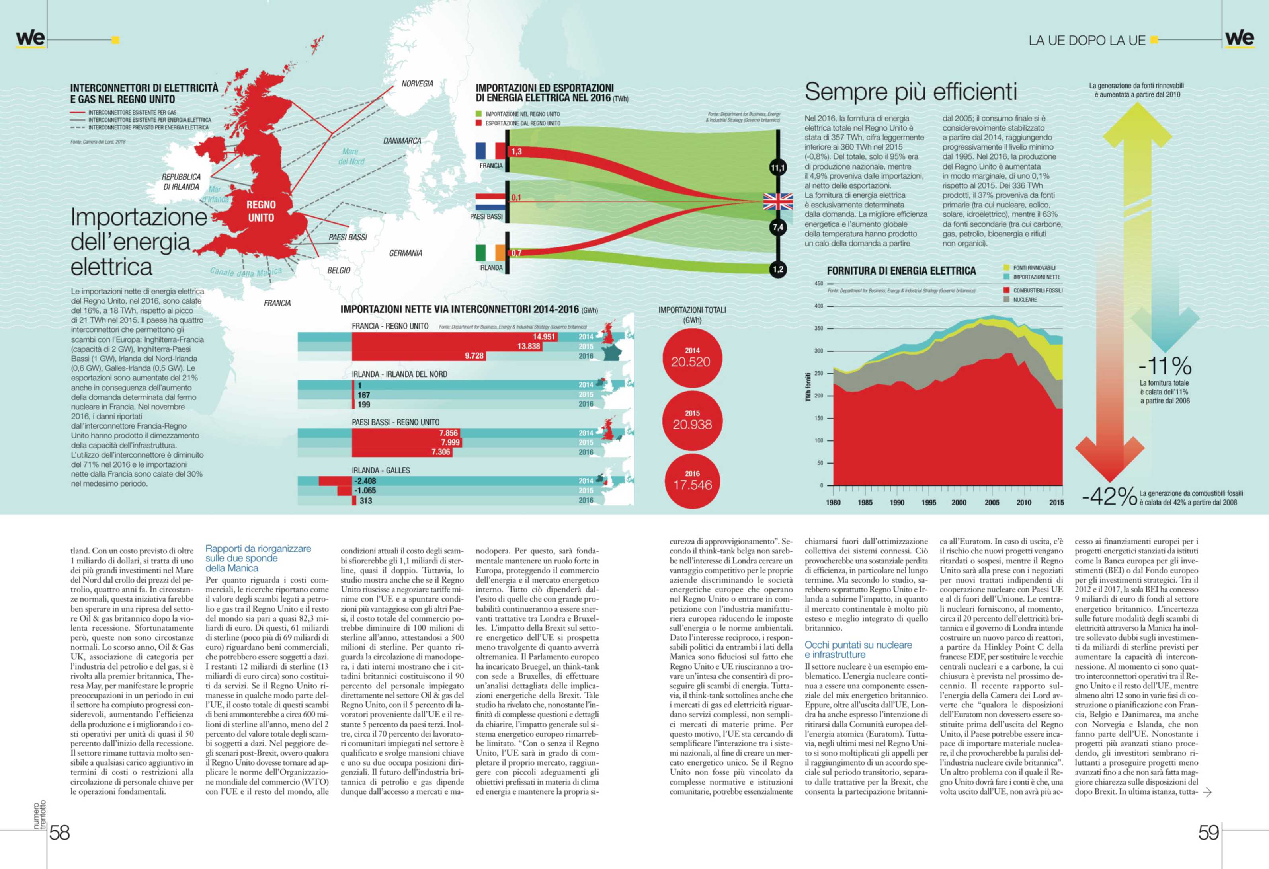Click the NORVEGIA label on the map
[x=417, y=84]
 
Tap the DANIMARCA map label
[x=402, y=141]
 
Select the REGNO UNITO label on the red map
[x=261, y=211]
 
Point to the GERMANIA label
[x=405, y=253]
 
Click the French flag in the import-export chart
[x=490, y=151]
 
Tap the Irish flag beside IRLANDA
[x=490, y=253]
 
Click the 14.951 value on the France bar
[x=544, y=337]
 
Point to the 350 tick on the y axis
[x=818, y=329]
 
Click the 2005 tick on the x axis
[x=992, y=502]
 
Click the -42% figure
[x=1109, y=496]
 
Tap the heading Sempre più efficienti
[x=910, y=92]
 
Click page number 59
[x=1208, y=832]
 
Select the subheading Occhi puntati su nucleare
[x=858, y=650]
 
